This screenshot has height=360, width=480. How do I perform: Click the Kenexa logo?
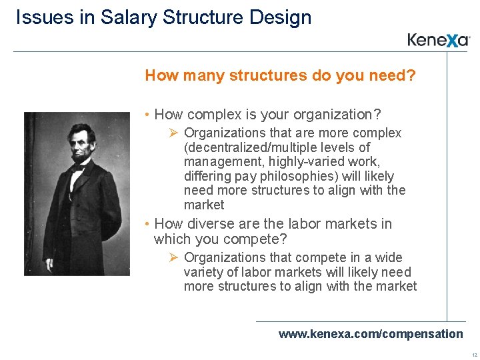coord(439,40)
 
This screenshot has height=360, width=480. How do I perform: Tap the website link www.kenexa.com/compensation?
coord(370,333)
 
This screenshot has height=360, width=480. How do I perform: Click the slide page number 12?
coord(473,355)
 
